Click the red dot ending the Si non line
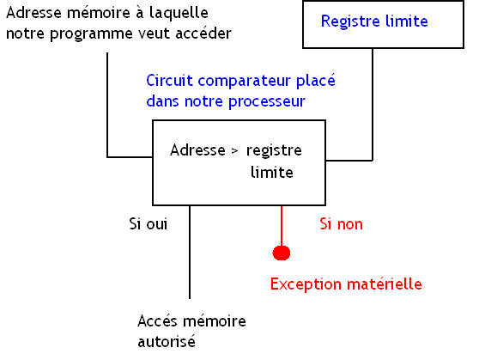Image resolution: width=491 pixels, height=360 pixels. click(281, 253)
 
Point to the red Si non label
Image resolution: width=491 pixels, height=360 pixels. click(341, 224)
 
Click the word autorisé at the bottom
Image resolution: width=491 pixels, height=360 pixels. click(167, 341)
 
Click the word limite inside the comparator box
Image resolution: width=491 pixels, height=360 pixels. click(271, 172)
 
